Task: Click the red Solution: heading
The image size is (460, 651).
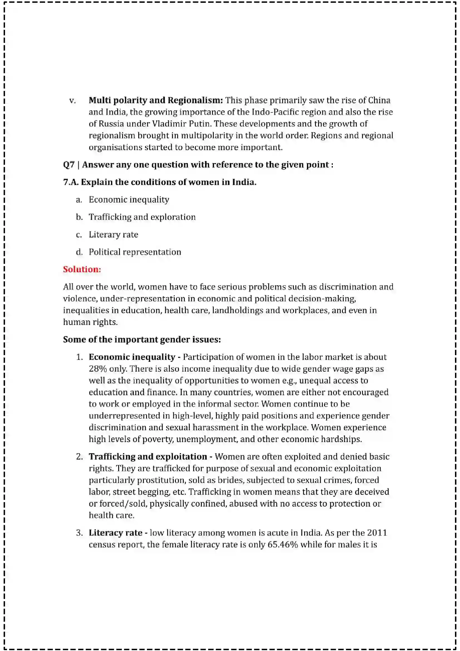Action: pyautogui.click(x=82, y=269)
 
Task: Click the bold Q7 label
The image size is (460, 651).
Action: pyautogui.click(x=68, y=165)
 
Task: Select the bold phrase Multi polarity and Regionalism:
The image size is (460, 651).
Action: pyautogui.click(x=156, y=100)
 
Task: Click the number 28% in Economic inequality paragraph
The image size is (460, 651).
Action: pyautogui.click(x=98, y=369)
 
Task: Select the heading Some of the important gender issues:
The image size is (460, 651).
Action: pyautogui.click(x=142, y=339)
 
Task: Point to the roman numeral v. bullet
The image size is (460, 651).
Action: pyautogui.click(x=73, y=101)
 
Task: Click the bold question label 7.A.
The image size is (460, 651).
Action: pyautogui.click(x=71, y=182)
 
